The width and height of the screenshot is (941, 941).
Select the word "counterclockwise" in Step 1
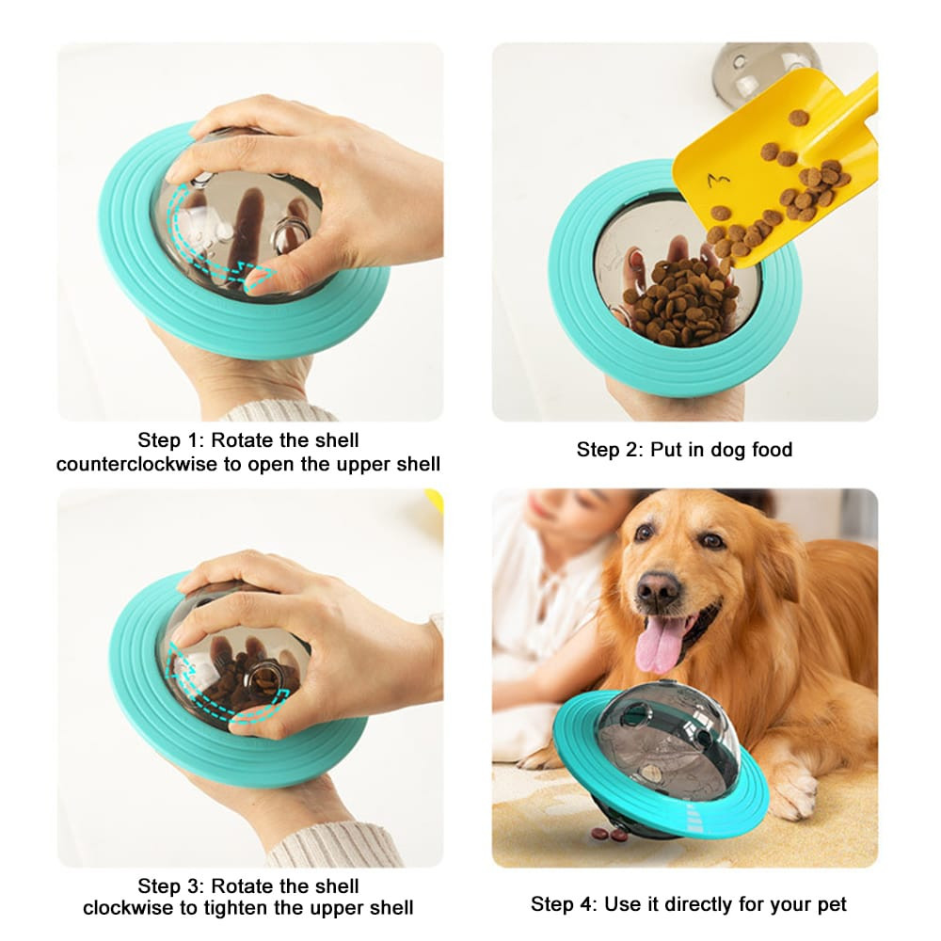137,464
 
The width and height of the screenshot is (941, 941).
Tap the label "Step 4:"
564,904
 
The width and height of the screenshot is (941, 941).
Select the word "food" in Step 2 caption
768,450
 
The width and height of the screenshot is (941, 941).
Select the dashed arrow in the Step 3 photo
212,692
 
